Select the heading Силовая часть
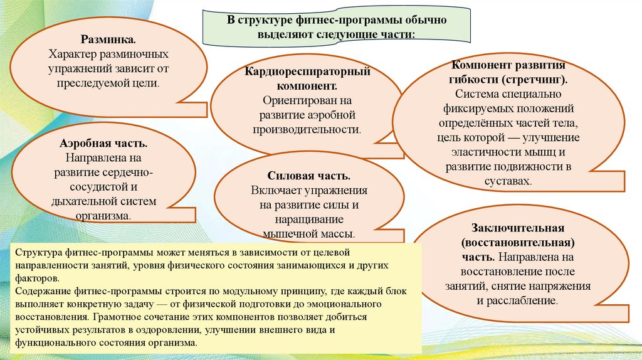308,177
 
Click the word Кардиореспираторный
308,71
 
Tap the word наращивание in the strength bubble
308,220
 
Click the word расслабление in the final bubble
525,300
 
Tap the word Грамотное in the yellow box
112,317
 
